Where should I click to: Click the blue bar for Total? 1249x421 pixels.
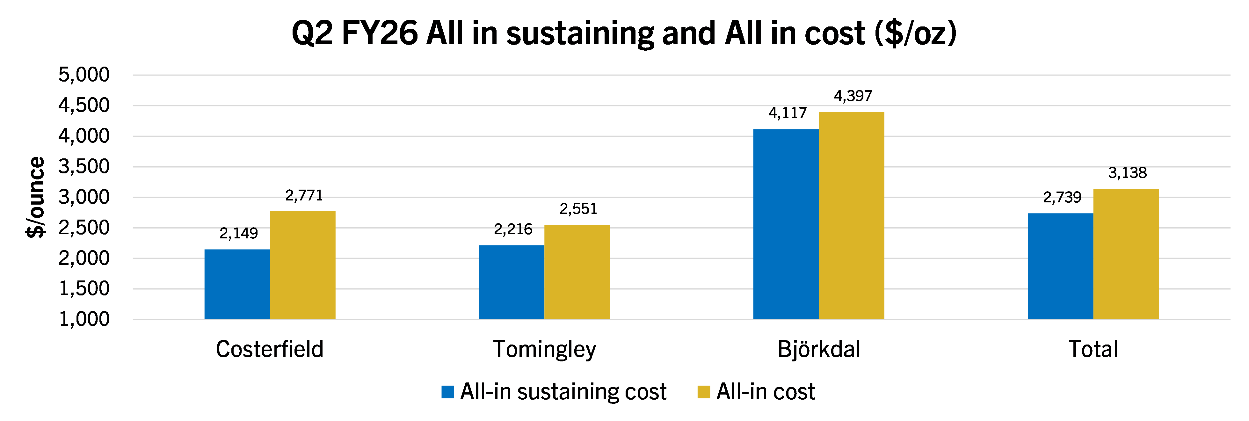1060,266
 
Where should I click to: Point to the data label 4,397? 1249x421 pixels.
853,96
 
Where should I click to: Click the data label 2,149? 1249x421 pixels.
239,233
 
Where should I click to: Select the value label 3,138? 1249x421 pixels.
1127,173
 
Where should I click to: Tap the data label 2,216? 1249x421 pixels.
513,229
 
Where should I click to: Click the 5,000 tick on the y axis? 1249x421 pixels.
84,75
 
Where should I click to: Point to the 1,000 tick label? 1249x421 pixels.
84,319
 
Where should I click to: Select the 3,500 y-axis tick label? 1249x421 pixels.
84,166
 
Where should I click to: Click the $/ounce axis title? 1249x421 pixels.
35,197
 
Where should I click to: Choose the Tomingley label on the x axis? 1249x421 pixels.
544,349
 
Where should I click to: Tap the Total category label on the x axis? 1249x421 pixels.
1093,349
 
